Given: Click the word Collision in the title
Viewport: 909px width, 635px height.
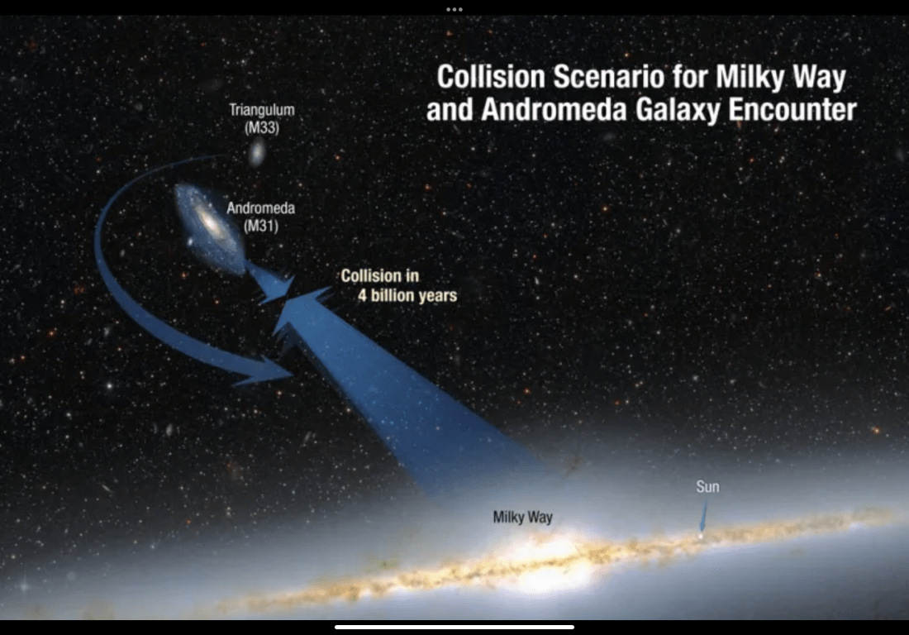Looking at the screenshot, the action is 491,77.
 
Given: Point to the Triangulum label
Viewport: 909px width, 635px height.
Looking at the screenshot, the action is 261,110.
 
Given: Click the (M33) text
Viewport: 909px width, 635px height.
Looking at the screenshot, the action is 262,127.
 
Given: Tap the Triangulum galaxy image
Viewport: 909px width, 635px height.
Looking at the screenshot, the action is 257,153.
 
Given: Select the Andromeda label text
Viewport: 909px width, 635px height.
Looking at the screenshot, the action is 261,208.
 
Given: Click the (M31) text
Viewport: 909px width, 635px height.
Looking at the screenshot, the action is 261,225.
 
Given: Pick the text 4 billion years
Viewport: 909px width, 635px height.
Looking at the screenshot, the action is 407,296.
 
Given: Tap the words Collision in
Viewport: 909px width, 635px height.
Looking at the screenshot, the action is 380,275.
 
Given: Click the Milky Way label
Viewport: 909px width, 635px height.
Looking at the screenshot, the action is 523,517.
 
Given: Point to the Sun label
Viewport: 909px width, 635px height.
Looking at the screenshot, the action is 708,486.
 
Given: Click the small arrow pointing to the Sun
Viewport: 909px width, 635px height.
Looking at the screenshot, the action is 703,516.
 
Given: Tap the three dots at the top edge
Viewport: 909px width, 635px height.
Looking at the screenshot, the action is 454,9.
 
